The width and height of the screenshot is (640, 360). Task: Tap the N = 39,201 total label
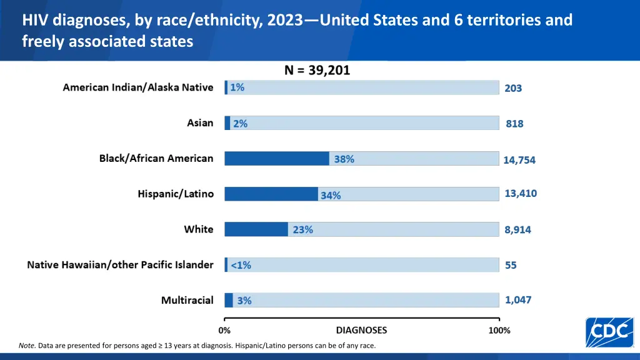point(317,71)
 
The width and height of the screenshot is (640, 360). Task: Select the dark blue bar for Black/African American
point(277,159)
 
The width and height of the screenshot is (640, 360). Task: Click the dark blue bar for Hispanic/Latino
point(271,194)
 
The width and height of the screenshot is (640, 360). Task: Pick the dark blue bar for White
point(256,229)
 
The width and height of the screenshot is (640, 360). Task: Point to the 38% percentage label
point(344,159)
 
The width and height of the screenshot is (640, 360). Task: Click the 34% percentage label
point(331,195)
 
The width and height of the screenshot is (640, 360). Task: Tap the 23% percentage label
point(302,230)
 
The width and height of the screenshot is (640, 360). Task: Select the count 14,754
point(519,160)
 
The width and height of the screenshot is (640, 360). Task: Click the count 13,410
point(521,194)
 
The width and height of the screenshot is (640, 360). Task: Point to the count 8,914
point(517,230)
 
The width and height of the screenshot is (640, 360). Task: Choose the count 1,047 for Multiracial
point(518,300)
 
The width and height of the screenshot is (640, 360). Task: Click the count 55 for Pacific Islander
point(511,266)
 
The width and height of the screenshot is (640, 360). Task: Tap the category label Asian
point(200,123)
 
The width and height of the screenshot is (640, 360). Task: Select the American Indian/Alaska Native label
point(137,87)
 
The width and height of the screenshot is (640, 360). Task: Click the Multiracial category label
point(187,301)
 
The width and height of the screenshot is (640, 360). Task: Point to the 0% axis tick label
point(224,331)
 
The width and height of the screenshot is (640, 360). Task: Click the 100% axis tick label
point(499,331)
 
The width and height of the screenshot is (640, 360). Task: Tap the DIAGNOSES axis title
point(361,330)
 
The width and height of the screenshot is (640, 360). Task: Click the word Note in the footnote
point(26,346)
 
